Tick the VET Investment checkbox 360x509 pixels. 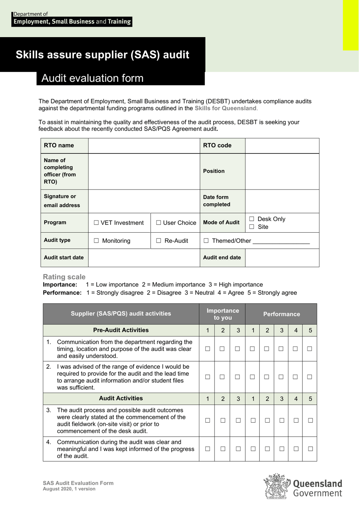pos(96,223)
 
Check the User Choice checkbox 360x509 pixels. pos(159,223)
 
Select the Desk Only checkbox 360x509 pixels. pos(252,219)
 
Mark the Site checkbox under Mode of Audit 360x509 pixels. pos(252,227)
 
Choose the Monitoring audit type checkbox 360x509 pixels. pos(96,241)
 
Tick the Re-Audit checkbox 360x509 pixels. pos(159,241)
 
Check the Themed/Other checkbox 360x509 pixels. pos(206,241)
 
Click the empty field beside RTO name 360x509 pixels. pos(144,146)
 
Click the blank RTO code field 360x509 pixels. pos(282,146)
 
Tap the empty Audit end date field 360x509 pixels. pos(282,258)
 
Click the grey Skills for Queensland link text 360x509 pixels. pos(225,108)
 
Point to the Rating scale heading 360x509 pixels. pos(64,277)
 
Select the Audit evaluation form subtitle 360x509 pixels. pos(92,78)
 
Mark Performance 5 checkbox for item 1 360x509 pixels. pos(310,349)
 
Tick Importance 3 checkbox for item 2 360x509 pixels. pos(237,377)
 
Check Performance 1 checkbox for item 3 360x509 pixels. pos(252,420)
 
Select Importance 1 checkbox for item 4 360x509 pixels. pos(207,449)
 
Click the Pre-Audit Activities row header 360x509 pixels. pos(121,330)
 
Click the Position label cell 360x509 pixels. pos(214,171)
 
